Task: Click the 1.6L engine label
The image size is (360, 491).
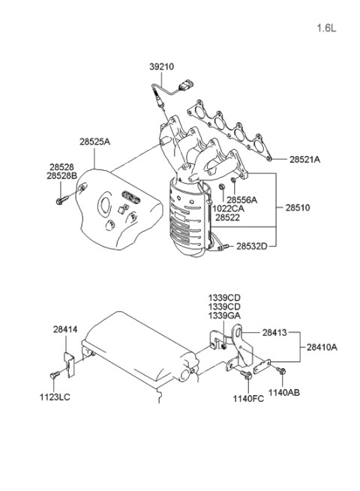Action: [x=327, y=28]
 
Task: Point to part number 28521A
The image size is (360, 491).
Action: [x=304, y=160]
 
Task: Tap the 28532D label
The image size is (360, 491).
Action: [x=252, y=245]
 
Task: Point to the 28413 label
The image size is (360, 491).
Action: [x=274, y=332]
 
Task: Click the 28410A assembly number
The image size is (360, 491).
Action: [x=322, y=347]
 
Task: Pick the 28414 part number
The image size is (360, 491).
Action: [x=65, y=328]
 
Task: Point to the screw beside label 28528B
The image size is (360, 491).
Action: [x=61, y=201]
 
